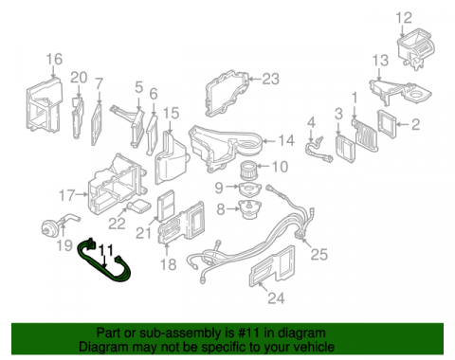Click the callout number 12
[404, 18]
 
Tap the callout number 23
[271, 79]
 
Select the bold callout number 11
[106, 250]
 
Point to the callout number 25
[319, 254]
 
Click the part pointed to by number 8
[249, 209]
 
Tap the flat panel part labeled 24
[272, 267]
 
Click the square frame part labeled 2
[387, 124]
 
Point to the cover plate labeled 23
[227, 94]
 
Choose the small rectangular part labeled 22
[139, 207]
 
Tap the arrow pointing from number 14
[269, 141]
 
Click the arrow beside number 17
[82, 195]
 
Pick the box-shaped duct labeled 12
[416, 47]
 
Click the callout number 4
[312, 122]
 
